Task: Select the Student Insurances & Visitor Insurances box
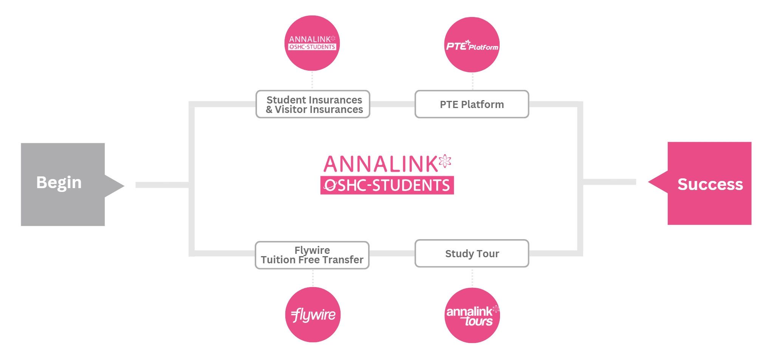pyautogui.click(x=313, y=104)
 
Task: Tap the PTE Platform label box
pyautogui.click(x=472, y=104)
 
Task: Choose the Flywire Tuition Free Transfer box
pyautogui.click(x=312, y=255)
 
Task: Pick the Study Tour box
pyautogui.click(x=472, y=253)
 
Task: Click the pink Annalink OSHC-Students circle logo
pyautogui.click(x=312, y=43)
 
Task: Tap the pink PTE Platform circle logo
pyautogui.click(x=472, y=45)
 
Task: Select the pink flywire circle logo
pyautogui.click(x=313, y=315)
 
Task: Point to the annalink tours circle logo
pyautogui.click(x=472, y=315)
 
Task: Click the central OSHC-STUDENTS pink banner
pyautogui.click(x=387, y=185)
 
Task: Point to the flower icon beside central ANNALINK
pyautogui.click(x=445, y=161)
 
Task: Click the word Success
pyautogui.click(x=710, y=184)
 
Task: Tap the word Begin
pyautogui.click(x=59, y=182)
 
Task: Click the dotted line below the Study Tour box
pyautogui.click(x=472, y=277)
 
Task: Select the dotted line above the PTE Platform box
pyautogui.click(x=472, y=81)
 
